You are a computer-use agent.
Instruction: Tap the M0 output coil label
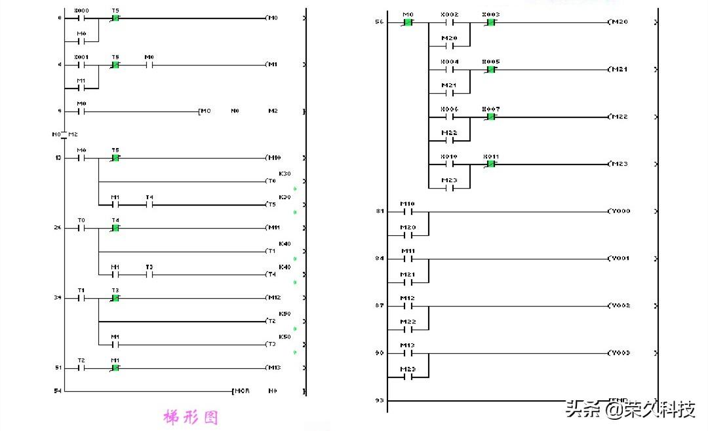(x=272, y=18)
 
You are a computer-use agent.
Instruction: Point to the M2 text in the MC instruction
(x=273, y=111)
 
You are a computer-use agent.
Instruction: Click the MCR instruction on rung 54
(x=241, y=391)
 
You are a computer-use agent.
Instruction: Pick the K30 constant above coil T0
(x=285, y=174)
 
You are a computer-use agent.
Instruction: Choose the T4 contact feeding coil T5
(x=149, y=204)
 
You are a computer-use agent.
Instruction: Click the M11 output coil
(x=273, y=228)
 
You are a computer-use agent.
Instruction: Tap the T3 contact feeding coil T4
(x=149, y=274)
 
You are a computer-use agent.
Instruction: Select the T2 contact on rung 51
(x=81, y=367)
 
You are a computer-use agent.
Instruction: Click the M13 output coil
(x=273, y=367)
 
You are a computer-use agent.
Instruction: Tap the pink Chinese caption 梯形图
(x=190, y=417)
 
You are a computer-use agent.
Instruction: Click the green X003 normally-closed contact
(x=490, y=22)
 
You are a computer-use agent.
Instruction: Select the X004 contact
(x=450, y=69)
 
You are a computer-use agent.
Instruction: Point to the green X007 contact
(x=490, y=117)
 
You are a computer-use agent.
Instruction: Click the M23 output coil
(x=618, y=164)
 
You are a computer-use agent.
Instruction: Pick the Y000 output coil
(x=619, y=212)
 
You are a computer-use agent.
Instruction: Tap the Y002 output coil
(x=619, y=306)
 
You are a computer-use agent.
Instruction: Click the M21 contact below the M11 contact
(x=408, y=282)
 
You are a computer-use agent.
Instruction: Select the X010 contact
(x=450, y=164)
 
